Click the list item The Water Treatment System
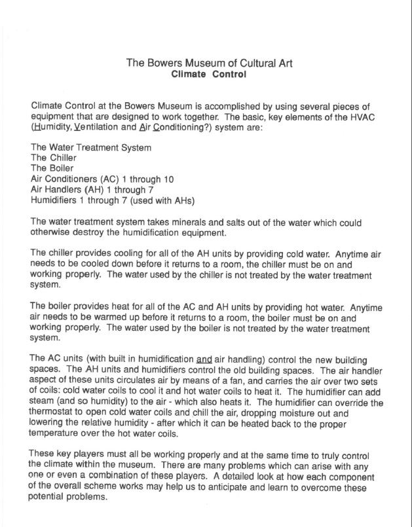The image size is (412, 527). [x=91, y=148]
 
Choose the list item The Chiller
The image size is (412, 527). [x=54, y=158]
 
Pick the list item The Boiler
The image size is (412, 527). [x=52, y=169]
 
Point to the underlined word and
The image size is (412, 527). [x=204, y=359]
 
